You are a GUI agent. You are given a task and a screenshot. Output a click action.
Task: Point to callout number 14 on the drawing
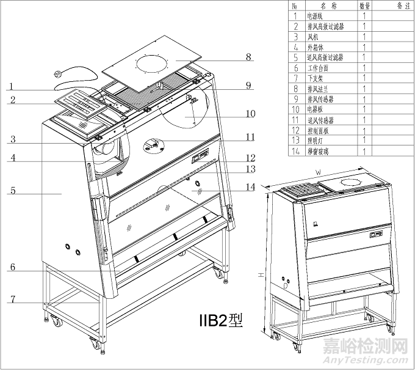coord(249,187)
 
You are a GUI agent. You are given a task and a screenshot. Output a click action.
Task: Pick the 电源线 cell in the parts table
coord(317,17)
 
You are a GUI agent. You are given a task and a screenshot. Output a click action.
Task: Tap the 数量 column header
coord(364,6)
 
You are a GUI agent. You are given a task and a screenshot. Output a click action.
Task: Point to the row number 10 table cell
coord(295,109)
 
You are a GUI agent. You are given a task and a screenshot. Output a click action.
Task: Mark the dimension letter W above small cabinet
coord(318,172)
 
